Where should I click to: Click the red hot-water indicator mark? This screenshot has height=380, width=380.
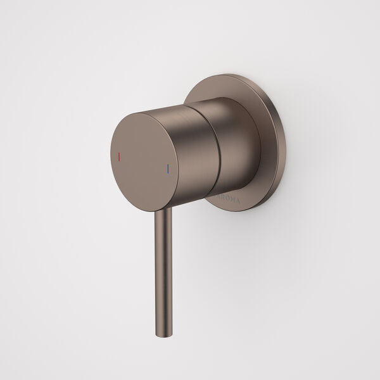tap(120, 155)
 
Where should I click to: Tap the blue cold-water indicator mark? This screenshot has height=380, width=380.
tap(167, 169)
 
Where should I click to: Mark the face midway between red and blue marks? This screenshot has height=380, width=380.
tap(144, 162)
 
